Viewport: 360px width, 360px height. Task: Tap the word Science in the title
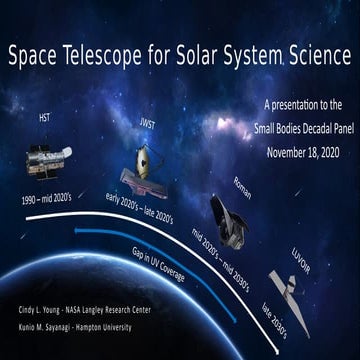(309, 57)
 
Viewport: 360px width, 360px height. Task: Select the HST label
(45, 117)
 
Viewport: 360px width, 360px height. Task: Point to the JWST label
(147, 125)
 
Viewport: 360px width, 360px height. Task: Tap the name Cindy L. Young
(41, 310)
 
